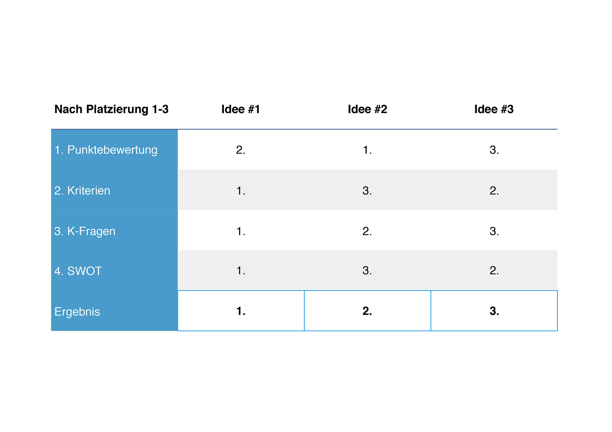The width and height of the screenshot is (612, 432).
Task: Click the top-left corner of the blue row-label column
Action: pyautogui.click(x=51, y=129)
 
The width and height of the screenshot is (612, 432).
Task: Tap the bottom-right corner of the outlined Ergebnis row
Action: pyautogui.click(x=557, y=331)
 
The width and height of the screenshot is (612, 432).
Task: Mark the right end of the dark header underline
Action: pyautogui.click(x=557, y=129)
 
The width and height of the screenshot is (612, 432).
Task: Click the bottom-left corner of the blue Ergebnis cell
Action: pyautogui.click(x=51, y=331)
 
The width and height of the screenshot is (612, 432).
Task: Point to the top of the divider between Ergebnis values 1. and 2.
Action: pyautogui.click(x=304, y=291)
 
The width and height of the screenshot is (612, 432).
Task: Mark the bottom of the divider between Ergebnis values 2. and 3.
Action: pyautogui.click(x=431, y=331)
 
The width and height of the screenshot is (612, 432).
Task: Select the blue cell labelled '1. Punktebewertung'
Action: pyautogui.click(x=114, y=150)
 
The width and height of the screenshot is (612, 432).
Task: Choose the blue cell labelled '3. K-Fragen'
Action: pyautogui.click(x=114, y=230)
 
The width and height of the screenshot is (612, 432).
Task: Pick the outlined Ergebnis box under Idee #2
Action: pyautogui.click(x=368, y=311)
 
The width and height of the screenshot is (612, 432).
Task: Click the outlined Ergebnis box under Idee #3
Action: pyautogui.click(x=494, y=311)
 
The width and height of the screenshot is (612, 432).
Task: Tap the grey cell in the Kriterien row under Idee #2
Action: pyautogui.click(x=368, y=190)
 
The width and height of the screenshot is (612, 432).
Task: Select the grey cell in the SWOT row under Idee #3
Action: pyautogui.click(x=494, y=270)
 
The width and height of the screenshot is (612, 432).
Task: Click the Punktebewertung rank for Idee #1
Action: pyautogui.click(x=241, y=150)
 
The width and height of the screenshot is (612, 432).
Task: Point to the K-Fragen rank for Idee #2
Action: pyautogui.click(x=367, y=231)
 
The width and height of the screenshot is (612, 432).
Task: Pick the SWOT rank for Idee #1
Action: pyautogui.click(x=241, y=271)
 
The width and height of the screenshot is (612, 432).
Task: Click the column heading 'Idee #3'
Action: pyautogui.click(x=494, y=109)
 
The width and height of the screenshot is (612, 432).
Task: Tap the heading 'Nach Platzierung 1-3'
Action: pyautogui.click(x=111, y=109)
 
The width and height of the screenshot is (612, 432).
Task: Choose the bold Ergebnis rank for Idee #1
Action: pyautogui.click(x=241, y=311)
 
